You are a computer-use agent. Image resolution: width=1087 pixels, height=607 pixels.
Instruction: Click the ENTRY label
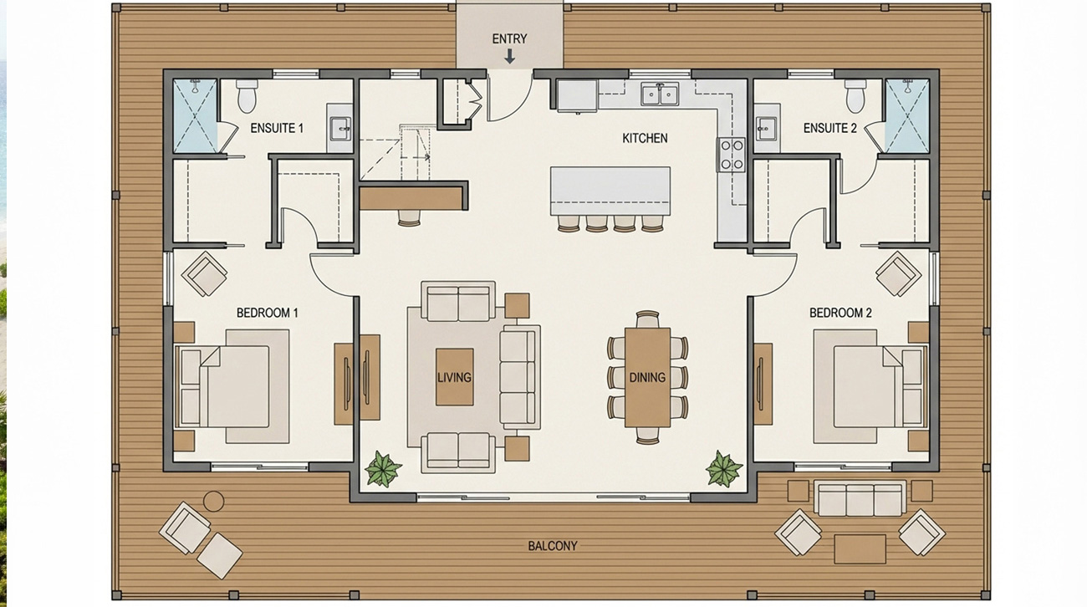509,38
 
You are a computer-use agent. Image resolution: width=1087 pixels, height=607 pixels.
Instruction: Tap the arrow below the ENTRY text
509,57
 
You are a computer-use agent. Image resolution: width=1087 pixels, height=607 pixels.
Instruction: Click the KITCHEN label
645,138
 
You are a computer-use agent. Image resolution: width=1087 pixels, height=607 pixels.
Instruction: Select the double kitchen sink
660,94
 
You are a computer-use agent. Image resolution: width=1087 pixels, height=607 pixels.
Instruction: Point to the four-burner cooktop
732,155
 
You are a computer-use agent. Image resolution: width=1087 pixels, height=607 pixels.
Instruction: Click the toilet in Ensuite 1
247,96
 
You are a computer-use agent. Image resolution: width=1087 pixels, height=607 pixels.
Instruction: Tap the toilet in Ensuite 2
855,96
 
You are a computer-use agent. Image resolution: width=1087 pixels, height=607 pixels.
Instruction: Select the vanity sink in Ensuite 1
339,128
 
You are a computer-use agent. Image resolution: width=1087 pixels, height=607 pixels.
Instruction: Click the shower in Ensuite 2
907,116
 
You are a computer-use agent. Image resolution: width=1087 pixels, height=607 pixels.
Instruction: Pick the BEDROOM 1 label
268,313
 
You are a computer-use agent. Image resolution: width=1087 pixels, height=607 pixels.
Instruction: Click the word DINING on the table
647,378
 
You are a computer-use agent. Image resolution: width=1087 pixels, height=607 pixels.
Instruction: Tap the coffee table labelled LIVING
455,377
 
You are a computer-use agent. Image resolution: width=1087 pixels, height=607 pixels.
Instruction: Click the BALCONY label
553,546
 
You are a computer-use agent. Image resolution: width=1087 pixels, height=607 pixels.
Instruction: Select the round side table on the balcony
213,501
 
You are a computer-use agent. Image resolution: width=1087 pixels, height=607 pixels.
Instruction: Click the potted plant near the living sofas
383,469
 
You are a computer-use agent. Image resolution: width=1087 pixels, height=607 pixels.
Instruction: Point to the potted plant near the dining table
723,469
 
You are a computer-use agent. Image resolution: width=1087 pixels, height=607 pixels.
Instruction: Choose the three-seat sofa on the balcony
860,498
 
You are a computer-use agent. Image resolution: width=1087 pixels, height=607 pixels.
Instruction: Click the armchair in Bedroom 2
899,273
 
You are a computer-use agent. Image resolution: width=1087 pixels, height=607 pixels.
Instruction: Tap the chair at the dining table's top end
647,319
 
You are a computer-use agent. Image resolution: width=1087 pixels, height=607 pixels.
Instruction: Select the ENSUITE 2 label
830,128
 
